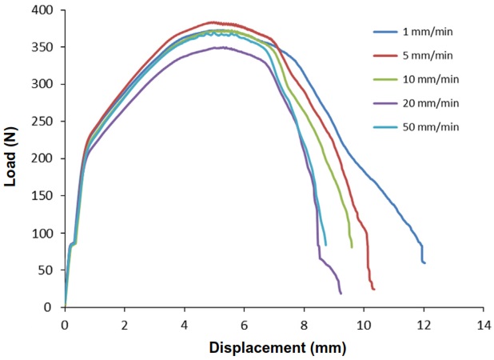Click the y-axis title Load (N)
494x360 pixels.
click(x=11, y=158)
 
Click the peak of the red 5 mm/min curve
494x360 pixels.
click(x=213, y=22)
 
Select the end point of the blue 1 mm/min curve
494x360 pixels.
click(x=424, y=262)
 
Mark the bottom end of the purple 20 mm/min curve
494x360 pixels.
click(x=341, y=294)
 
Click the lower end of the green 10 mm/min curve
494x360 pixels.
click(x=352, y=247)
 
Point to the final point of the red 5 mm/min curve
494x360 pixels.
click(x=373, y=289)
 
